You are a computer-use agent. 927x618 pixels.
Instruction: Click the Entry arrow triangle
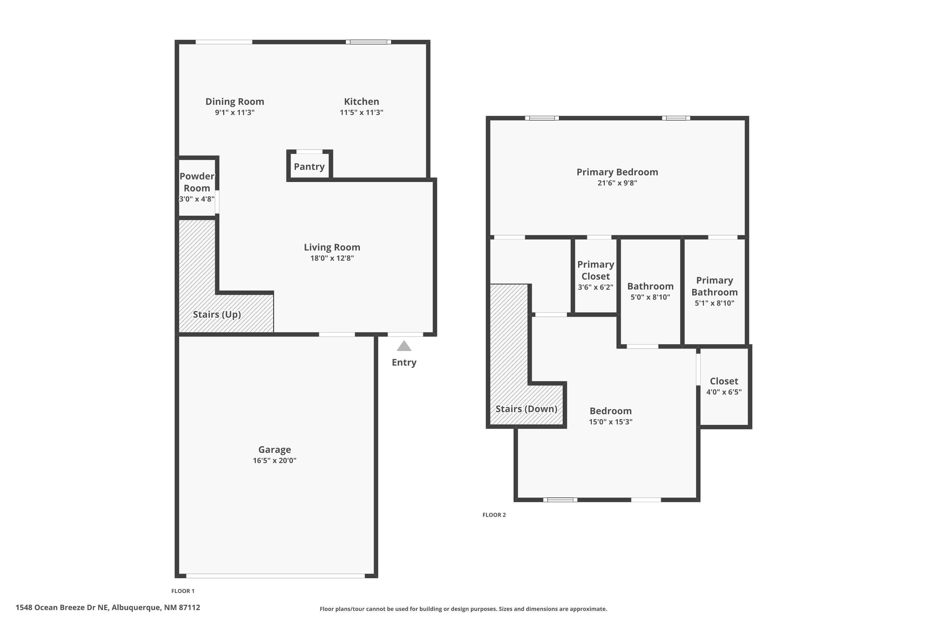tap(404, 346)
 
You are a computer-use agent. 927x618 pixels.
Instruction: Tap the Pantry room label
tap(309, 167)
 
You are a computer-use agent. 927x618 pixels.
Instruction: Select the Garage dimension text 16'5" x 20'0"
tap(275, 460)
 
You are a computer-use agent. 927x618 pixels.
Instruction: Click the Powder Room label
tap(197, 182)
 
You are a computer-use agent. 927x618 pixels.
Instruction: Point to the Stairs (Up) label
tap(217, 315)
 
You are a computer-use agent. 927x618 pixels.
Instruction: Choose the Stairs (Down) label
tap(526, 409)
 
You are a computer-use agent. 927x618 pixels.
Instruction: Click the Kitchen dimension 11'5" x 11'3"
tap(362, 112)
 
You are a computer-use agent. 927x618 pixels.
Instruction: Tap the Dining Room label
tap(235, 102)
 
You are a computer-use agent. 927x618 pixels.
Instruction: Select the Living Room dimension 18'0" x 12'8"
tap(332, 258)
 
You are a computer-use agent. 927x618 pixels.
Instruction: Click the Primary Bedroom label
tap(617, 172)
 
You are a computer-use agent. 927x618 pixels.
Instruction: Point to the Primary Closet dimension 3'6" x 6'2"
tap(595, 287)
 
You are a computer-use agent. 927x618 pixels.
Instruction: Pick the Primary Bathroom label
tap(714, 286)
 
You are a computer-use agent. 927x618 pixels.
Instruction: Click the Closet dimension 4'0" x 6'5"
tap(724, 392)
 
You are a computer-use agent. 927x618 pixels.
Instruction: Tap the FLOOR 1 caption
tap(183, 591)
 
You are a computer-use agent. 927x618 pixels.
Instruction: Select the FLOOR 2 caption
tap(494, 515)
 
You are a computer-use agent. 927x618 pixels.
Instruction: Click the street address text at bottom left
tap(108, 607)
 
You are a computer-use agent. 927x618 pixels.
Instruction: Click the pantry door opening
tap(309, 152)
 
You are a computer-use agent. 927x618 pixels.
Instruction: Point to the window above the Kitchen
tap(369, 42)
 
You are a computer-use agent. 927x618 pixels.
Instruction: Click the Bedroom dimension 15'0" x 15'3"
tap(611, 422)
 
